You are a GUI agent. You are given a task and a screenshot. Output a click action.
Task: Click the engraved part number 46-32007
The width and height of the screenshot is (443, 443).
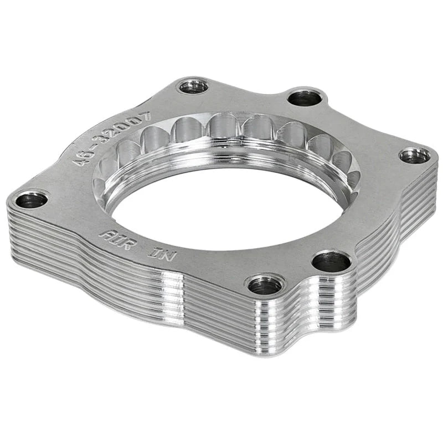point(111,137)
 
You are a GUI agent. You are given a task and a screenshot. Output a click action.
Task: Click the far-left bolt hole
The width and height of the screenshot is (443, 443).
point(31,199)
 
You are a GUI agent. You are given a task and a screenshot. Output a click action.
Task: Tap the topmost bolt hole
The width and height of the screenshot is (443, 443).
point(193,86)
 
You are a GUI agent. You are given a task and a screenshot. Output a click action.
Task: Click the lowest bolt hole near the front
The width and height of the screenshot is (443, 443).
point(265,285)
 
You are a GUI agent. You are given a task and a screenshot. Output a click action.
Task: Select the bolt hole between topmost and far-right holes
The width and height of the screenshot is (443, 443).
point(305,98)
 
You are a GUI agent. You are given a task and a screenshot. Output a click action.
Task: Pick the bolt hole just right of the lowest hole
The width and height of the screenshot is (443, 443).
point(331,261)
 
